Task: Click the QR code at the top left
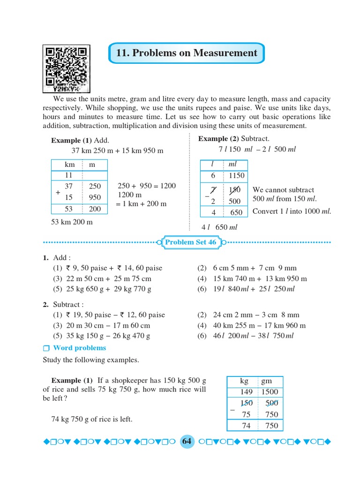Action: point(66,68)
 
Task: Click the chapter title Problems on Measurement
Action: point(187,53)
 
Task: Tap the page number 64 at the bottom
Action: point(187,442)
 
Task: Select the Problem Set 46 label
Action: point(190,242)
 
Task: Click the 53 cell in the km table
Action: point(68,209)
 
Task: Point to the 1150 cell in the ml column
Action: point(236,176)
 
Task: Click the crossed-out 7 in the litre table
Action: point(213,190)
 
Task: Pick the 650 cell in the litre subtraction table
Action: point(236,212)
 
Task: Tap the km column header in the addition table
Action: point(69,165)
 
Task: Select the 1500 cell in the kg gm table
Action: point(269,392)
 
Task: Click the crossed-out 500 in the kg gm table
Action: point(271,403)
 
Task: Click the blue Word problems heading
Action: point(79,348)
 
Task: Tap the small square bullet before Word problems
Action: point(45,348)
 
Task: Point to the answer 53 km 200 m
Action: point(72,222)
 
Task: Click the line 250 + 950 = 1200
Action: point(147,186)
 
